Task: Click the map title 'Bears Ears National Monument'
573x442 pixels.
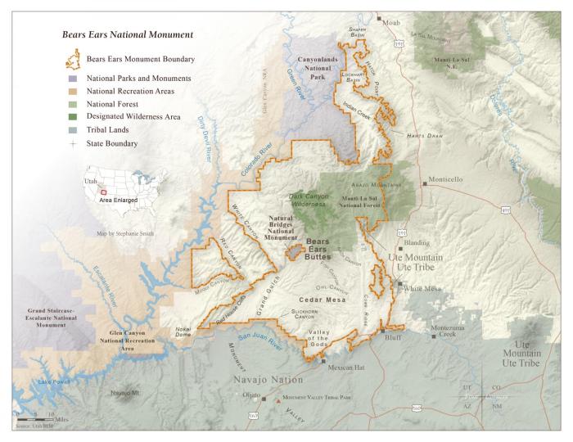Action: pos(128,35)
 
